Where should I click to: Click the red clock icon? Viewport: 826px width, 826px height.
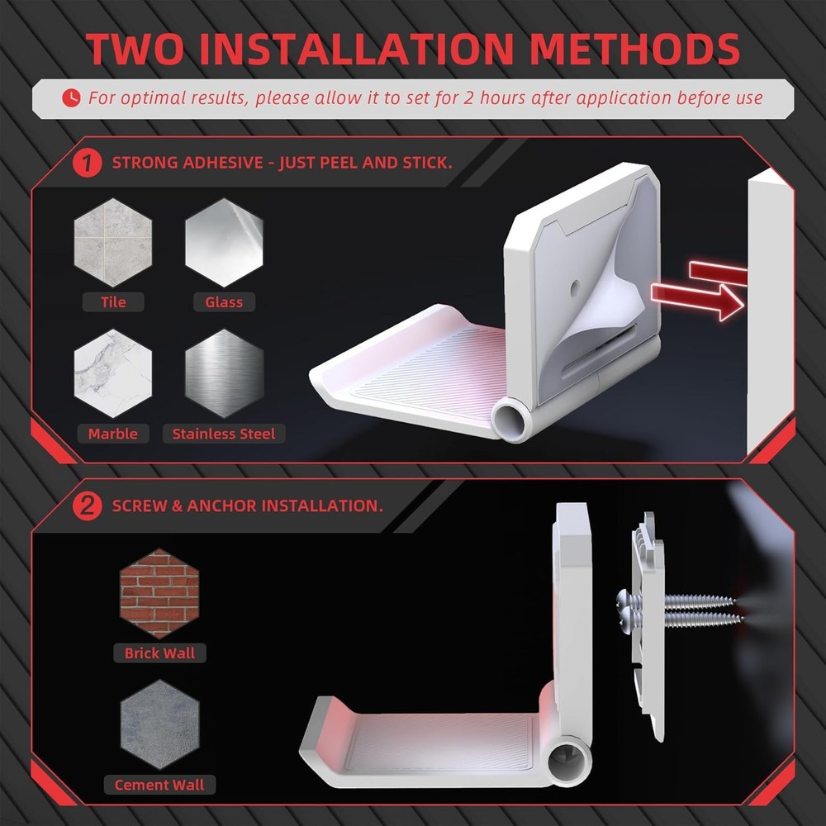pos(72,97)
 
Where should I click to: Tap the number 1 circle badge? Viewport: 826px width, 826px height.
pos(87,162)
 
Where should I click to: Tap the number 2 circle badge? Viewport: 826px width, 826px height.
pos(87,506)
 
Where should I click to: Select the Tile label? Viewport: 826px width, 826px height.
pos(113,302)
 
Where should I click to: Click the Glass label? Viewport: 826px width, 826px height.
pos(224,302)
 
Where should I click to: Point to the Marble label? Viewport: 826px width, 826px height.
pos(113,434)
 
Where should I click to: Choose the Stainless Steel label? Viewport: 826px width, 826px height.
pos(224,434)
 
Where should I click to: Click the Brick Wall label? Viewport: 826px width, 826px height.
pos(159,653)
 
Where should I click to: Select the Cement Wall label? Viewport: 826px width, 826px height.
pos(159,785)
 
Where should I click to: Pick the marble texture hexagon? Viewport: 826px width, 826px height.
pos(113,374)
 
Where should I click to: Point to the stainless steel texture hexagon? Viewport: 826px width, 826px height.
pos(224,374)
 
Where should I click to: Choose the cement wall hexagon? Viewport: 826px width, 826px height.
pos(159,724)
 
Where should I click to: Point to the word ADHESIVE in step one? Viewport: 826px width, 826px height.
pos(217,162)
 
